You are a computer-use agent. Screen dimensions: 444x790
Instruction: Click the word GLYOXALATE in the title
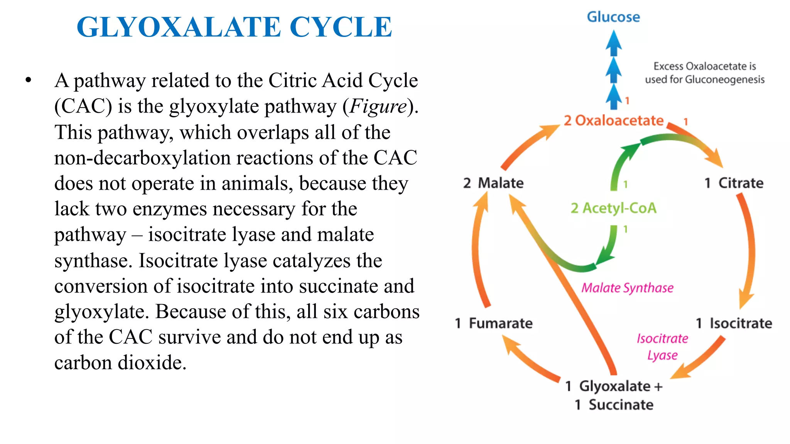(179, 27)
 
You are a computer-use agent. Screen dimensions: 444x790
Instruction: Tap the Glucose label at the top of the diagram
(613, 17)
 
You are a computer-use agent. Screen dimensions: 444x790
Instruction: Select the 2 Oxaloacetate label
(613, 121)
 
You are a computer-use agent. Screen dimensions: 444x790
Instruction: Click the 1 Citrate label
(734, 183)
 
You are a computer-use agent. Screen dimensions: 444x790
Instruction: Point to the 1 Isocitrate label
(734, 323)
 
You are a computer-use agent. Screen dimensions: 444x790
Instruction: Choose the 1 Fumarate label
(493, 323)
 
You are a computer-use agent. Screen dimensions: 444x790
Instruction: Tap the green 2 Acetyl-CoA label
(613, 208)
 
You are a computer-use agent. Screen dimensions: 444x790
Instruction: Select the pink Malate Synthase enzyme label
(627, 288)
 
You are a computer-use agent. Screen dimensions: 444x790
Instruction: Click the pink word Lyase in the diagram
(662, 355)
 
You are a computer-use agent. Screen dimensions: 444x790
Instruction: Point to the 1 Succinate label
(614, 405)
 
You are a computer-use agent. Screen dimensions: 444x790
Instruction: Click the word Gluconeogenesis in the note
(724, 80)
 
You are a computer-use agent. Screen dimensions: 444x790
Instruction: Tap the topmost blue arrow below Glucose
(613, 43)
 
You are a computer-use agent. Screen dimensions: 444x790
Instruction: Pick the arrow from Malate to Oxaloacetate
(528, 146)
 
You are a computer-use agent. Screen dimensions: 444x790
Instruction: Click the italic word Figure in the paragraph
(378, 106)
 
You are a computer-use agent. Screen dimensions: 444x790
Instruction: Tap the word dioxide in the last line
(152, 363)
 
